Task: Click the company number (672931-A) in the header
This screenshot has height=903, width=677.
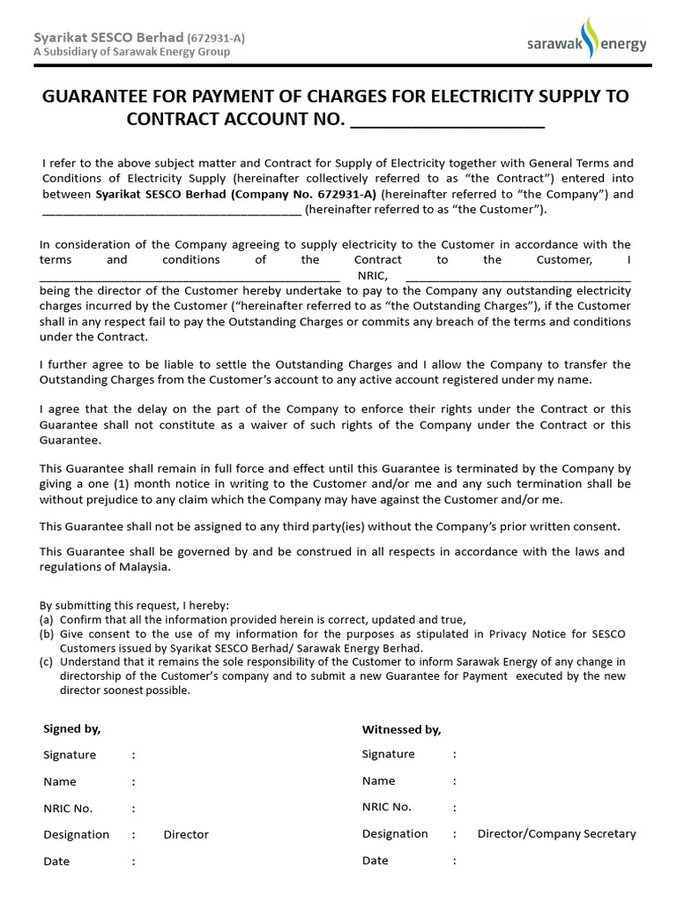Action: [x=217, y=37]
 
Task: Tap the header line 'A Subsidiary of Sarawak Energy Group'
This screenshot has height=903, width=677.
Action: [x=131, y=52]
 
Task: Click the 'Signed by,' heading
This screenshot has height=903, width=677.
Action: [x=71, y=728]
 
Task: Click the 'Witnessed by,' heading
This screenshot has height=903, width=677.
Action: [x=401, y=729]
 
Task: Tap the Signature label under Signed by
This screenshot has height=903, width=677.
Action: [x=70, y=755]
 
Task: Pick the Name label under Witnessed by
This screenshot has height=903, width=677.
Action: [x=378, y=780]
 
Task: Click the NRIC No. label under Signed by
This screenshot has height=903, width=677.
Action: [x=68, y=808]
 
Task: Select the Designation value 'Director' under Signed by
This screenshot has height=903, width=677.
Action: [x=186, y=834]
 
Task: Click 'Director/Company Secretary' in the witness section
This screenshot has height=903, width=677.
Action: [x=556, y=833]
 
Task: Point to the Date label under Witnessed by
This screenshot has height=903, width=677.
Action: [x=375, y=861]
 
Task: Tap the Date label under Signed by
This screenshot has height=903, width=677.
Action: [x=56, y=862]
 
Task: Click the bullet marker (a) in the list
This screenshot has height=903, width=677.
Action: [x=47, y=620]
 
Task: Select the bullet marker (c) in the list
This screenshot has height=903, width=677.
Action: [x=47, y=662]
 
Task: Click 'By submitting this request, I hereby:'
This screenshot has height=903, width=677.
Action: [x=134, y=606]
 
